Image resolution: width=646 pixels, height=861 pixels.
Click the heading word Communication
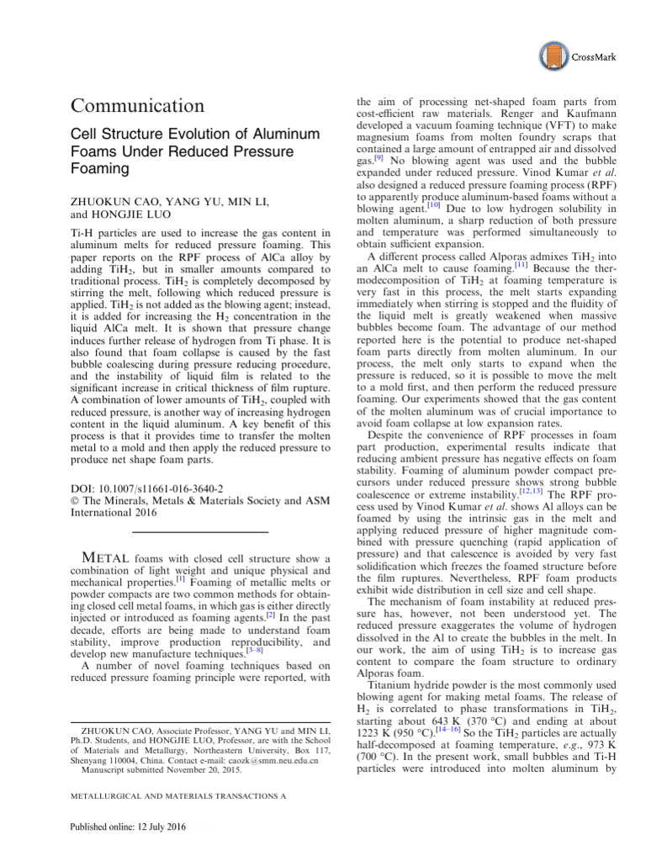(x=137, y=106)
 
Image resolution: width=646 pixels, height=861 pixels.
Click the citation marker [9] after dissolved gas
(x=379, y=156)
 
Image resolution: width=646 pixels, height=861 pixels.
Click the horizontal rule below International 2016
(x=201, y=531)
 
